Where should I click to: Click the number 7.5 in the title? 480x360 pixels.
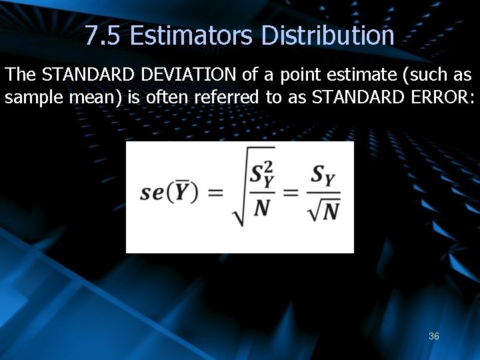(103, 35)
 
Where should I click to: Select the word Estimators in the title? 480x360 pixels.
(191, 35)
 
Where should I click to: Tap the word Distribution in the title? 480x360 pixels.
(327, 35)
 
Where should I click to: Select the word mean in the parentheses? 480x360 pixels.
(90, 99)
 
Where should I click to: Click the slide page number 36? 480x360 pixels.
(434, 337)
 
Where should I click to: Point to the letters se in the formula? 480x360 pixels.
(152, 193)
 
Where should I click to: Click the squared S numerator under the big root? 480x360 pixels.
(261, 175)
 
